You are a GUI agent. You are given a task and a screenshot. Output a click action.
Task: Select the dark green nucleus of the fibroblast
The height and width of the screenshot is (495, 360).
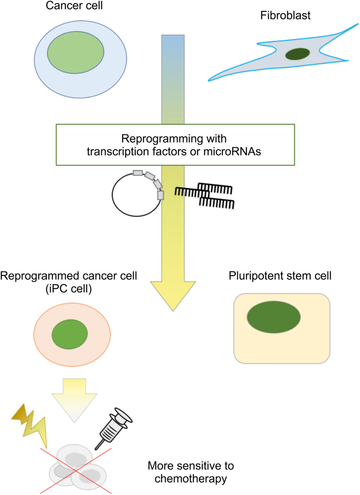click(x=297, y=53)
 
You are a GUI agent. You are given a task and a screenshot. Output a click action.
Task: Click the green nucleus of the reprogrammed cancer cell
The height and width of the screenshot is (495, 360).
click(x=70, y=334)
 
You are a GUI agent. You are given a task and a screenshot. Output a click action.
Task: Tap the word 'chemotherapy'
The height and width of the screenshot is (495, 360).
click(x=191, y=480)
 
